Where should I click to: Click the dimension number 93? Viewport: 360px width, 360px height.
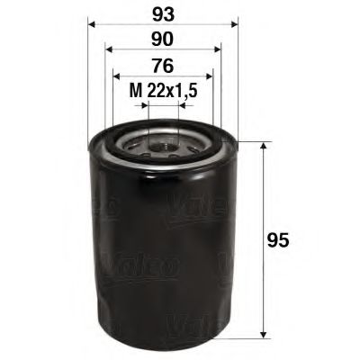coord(162,14)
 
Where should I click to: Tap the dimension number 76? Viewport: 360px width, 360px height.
coord(162,66)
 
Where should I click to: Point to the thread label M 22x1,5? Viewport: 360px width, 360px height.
coord(162,90)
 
